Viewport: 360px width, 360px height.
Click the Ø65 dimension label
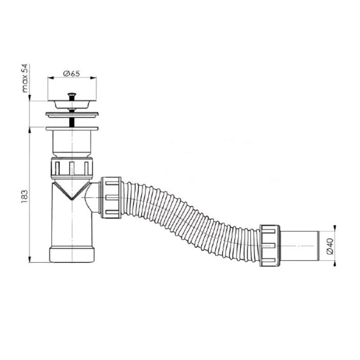pos(72,73)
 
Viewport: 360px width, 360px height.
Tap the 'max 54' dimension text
pos(25,78)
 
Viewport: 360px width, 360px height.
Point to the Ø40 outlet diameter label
pos(330,246)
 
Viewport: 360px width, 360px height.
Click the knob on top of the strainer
pos(72,94)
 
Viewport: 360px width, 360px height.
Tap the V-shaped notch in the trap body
pos(72,191)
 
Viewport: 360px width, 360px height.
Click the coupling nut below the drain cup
pos(72,168)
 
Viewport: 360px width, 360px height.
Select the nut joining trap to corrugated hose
pos(111,198)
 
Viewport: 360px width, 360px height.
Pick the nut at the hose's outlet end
pos(270,246)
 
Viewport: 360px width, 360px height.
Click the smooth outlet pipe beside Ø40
pos(299,246)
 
